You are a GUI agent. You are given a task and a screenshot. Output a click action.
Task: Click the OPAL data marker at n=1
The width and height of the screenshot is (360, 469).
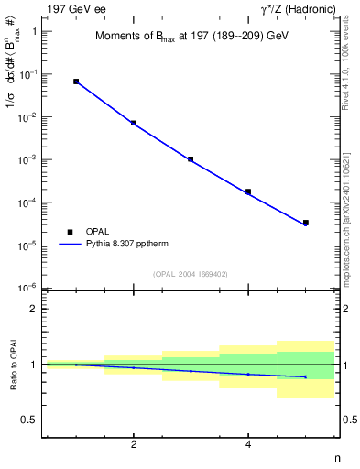pyautogui.click(x=76, y=82)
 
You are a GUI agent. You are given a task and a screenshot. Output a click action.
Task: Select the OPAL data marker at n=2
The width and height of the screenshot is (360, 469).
pyautogui.click(x=134, y=123)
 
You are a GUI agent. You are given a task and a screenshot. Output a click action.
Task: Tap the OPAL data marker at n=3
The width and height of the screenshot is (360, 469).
pyautogui.click(x=191, y=159)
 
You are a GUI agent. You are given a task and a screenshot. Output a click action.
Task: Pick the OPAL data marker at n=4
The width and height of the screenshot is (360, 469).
pyautogui.click(x=248, y=191)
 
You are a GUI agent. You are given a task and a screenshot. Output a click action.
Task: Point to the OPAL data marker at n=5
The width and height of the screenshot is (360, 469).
pyautogui.click(x=305, y=223)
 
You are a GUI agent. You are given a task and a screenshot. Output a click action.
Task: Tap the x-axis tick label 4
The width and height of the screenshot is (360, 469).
pyautogui.click(x=248, y=445)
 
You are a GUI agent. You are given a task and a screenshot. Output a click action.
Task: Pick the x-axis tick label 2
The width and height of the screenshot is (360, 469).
pyautogui.click(x=134, y=445)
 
